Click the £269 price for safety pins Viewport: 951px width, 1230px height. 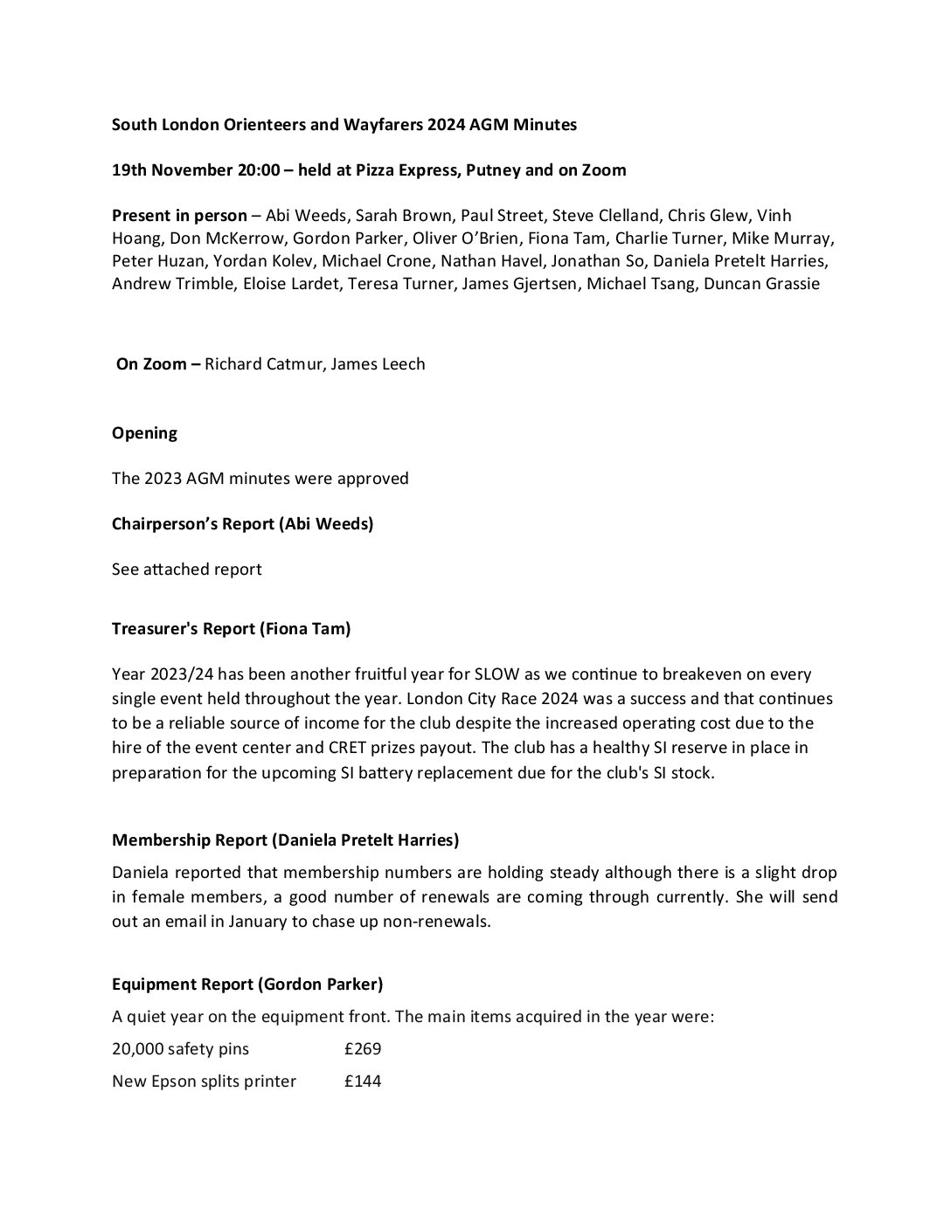(363, 1048)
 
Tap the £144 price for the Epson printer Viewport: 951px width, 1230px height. (363, 1081)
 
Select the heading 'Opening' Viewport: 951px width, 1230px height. (144, 432)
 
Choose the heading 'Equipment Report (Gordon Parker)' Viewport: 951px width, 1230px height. (247, 984)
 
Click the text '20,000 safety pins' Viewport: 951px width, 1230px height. (180, 1048)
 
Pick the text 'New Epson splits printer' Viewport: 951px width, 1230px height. (204, 1081)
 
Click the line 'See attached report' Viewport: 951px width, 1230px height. (186, 569)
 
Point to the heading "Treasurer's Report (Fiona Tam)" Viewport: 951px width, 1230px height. (231, 628)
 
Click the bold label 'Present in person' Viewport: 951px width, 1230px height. (179, 215)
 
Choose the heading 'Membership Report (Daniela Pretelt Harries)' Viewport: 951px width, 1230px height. (285, 840)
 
